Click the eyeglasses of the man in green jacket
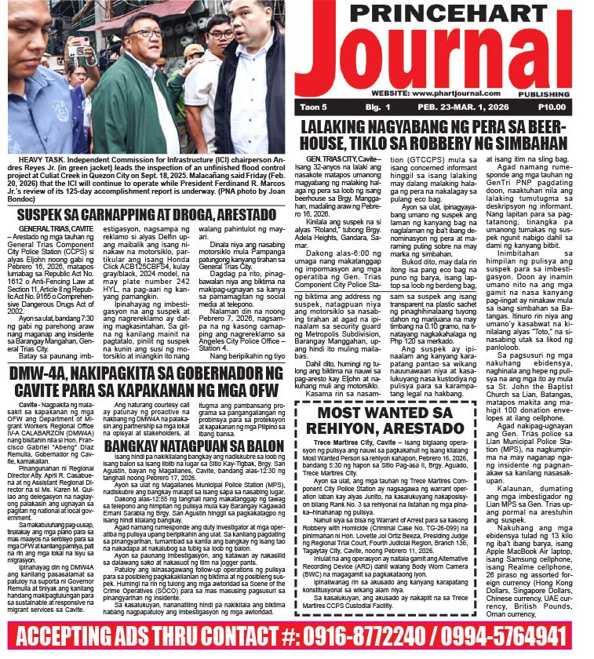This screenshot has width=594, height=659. click(148, 35)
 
